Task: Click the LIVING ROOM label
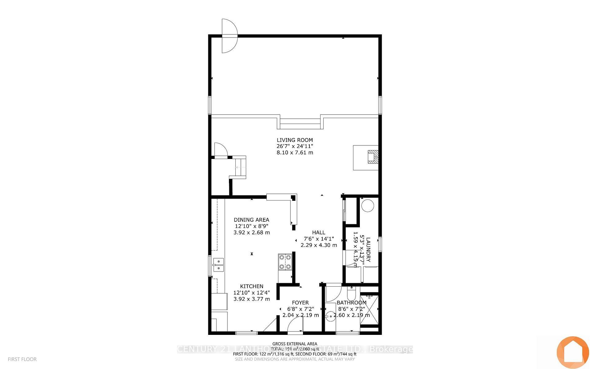(295, 140)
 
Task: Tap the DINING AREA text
(251, 220)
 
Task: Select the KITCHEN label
(251, 286)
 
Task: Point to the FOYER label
(300, 303)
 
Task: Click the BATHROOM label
(352, 303)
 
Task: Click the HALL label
(318, 232)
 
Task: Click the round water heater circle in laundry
(367, 206)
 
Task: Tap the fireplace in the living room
(373, 157)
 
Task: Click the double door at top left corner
(229, 36)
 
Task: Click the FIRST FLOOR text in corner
(22, 359)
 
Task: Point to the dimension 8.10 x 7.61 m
(295, 153)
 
